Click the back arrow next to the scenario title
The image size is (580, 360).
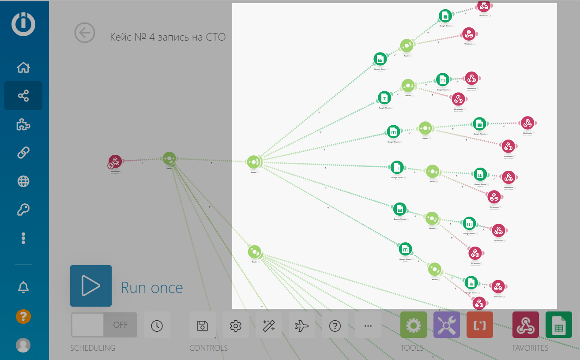[85, 33]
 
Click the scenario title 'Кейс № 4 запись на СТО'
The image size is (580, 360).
[168, 37]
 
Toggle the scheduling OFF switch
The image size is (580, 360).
[104, 325]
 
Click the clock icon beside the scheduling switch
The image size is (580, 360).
[157, 326]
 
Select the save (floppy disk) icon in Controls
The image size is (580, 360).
[203, 326]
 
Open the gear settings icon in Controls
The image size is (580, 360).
[236, 326]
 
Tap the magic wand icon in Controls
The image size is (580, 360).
[269, 326]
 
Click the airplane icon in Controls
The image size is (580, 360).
[302, 326]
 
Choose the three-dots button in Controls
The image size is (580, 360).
[368, 326]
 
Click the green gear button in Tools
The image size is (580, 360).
[414, 325]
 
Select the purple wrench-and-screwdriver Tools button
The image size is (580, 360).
[447, 325]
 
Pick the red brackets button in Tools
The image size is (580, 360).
[480, 325]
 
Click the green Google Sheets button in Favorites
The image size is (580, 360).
[559, 325]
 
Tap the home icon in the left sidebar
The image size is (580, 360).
[23, 67]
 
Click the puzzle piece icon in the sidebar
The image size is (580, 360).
[23, 125]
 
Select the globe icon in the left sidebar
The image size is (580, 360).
[23, 181]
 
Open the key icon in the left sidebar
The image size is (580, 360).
[23, 210]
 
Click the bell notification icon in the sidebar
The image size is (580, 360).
[23, 287]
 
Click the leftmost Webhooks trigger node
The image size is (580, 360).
[115, 161]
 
